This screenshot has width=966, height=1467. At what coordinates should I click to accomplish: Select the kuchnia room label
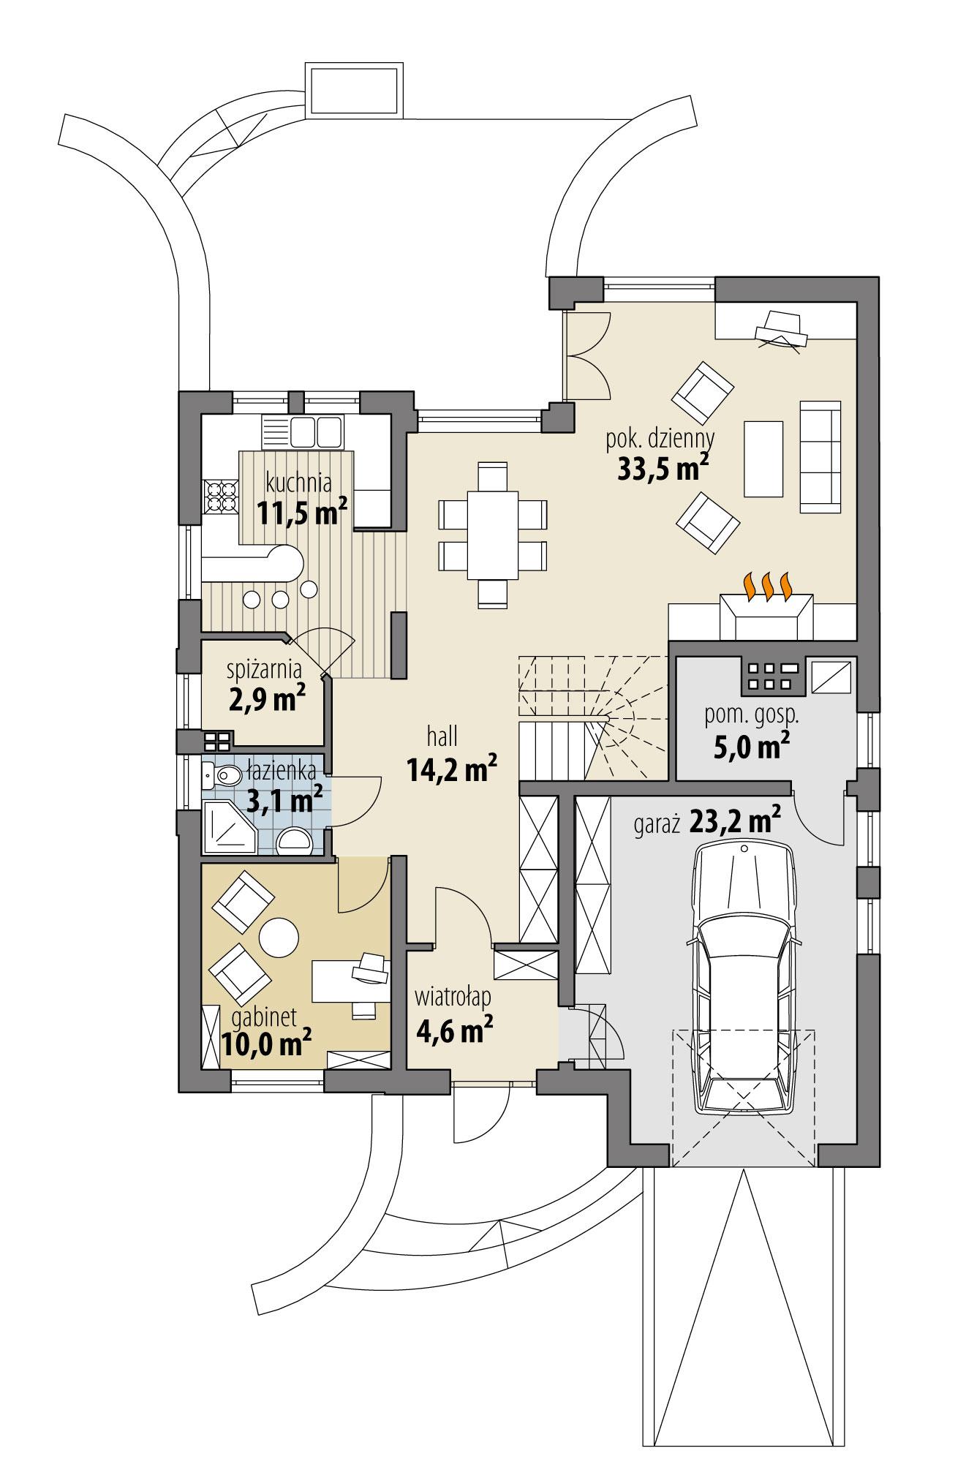(299, 483)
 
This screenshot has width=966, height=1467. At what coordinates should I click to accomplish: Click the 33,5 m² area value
(663, 468)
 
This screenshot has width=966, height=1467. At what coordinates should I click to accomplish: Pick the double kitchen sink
(316, 431)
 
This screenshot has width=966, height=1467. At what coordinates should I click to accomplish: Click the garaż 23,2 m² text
(705, 823)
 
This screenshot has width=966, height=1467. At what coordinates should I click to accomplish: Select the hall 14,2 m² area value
(453, 769)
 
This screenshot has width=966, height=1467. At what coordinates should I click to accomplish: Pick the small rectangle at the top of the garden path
(354, 89)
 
